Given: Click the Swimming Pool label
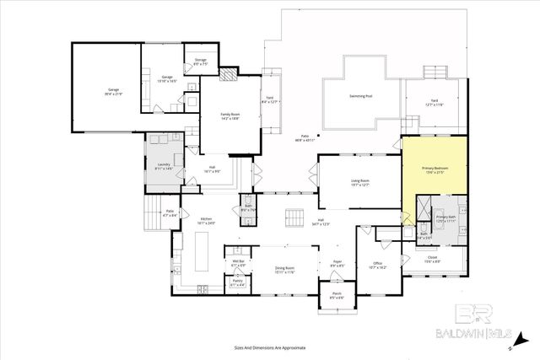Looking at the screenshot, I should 362,96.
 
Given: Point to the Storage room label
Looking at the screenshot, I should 200,61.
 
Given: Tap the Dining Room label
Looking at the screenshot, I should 278,270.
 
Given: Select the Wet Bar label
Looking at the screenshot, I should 238,264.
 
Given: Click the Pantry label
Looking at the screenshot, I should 237,283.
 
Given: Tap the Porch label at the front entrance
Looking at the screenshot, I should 335,296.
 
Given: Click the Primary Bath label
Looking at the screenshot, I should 446,218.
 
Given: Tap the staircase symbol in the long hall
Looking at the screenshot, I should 294,218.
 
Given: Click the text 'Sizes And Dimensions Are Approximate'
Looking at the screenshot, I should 270,347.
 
